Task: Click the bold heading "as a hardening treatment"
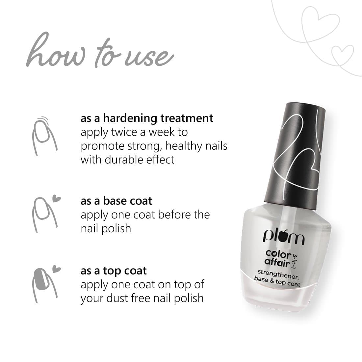pyautogui.click(x=147, y=118)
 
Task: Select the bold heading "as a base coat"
pyautogui.click(x=116, y=201)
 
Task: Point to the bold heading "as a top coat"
pyautogui.click(x=114, y=271)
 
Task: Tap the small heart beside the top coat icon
pyautogui.click(x=57, y=269)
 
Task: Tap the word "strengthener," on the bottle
pyautogui.click(x=278, y=273)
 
